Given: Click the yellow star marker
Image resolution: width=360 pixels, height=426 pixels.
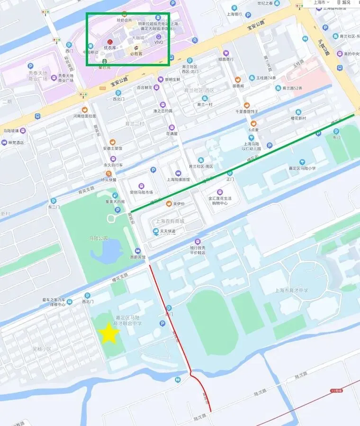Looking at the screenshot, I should point(109,334).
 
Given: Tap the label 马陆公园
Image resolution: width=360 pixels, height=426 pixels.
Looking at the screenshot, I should point(99,238).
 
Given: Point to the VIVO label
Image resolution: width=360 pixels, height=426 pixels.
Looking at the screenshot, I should point(159,42).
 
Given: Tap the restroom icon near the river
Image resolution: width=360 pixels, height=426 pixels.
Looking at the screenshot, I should point(177,380).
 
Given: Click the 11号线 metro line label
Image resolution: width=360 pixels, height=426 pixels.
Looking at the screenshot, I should point(336,390).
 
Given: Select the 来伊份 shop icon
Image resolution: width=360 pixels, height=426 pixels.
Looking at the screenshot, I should point(168,204).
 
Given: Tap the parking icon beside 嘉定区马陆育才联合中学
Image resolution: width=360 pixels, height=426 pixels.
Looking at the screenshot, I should point(162,323).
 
